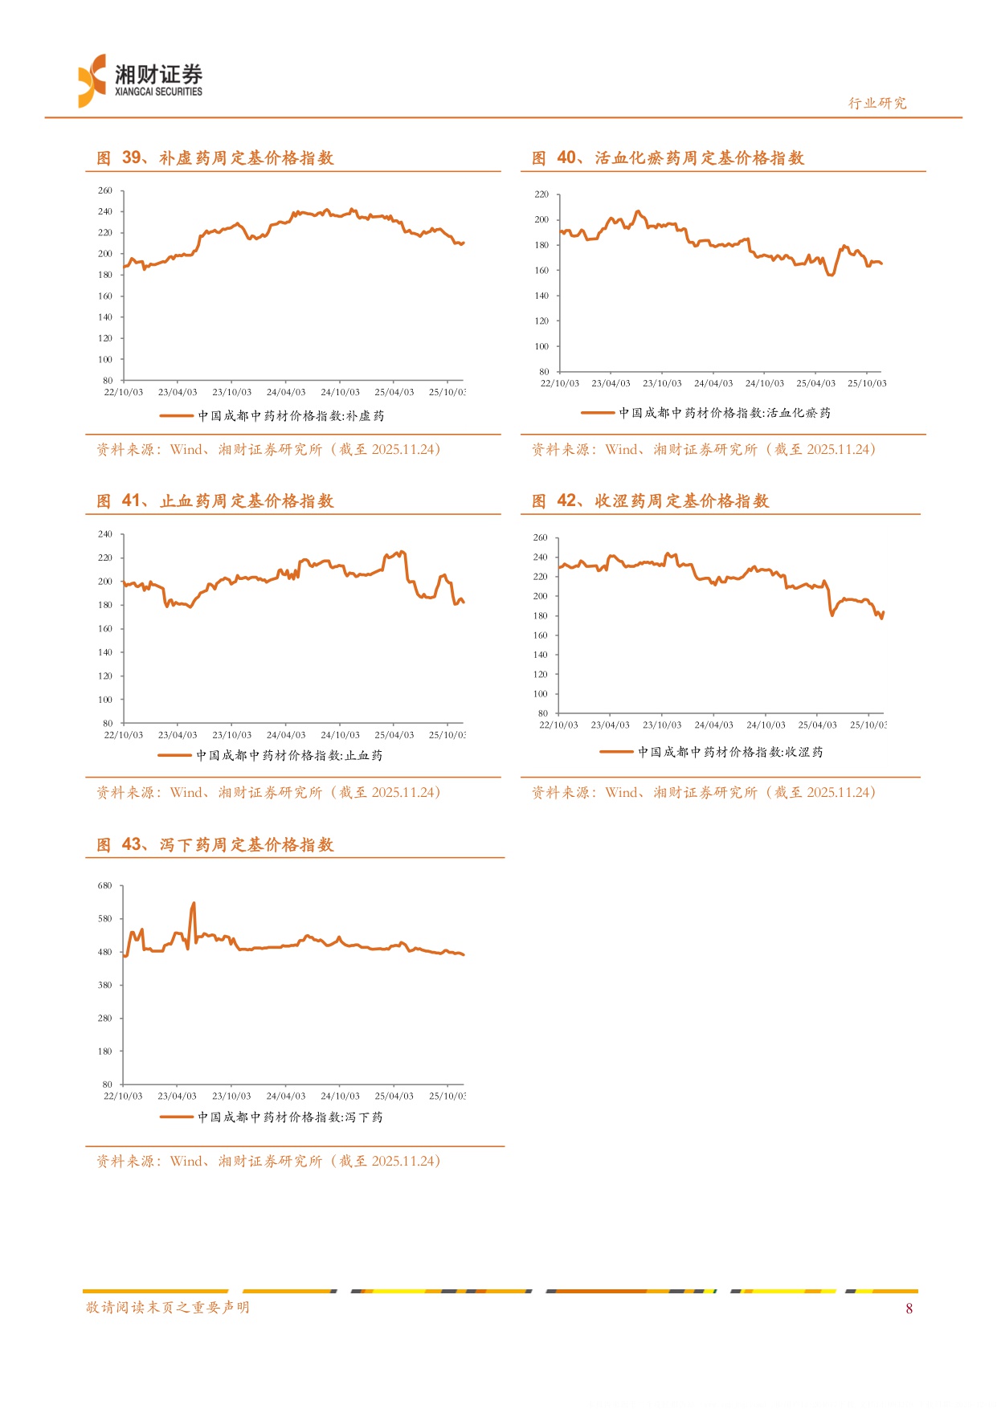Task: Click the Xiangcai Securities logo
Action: pos(140,80)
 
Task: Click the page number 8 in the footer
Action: pos(909,1309)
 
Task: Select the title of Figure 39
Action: pos(215,158)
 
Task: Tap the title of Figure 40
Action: pos(668,158)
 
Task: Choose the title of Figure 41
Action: pos(215,501)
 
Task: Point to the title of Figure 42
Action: pos(650,501)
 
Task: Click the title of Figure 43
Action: pos(215,845)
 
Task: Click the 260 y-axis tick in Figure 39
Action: pos(105,191)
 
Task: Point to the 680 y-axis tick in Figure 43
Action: pos(105,886)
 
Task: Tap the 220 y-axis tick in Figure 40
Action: pos(541,194)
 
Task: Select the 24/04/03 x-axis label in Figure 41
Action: pos(286,735)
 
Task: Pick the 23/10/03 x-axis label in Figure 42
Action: pos(662,725)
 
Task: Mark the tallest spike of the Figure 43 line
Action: pos(194,904)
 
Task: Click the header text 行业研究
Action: pos(877,103)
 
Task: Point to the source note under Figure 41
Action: pos(268,793)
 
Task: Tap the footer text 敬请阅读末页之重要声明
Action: pos(168,1308)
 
